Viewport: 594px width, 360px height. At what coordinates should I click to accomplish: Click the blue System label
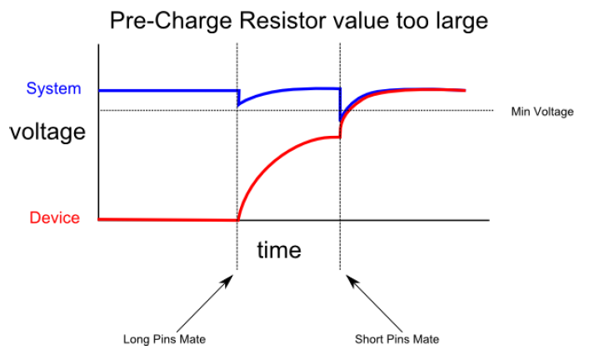[x=54, y=88]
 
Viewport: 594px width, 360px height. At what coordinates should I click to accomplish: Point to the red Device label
[x=54, y=217]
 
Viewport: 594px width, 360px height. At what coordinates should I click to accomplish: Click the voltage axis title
[x=47, y=132]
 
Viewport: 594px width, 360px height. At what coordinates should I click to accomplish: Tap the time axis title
[x=279, y=250]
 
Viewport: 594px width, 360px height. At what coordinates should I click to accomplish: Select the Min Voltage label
[x=542, y=112]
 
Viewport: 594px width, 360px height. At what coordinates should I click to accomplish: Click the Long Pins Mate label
[x=164, y=339]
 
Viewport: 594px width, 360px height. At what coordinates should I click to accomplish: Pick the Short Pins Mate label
[x=397, y=339]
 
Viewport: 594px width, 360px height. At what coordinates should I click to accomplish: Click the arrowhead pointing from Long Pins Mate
[x=228, y=281]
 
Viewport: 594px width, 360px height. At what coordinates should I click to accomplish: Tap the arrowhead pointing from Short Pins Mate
[x=352, y=281]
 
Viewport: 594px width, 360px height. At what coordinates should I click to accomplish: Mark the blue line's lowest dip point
[x=340, y=121]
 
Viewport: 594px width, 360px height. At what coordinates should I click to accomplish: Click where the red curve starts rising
[x=238, y=220]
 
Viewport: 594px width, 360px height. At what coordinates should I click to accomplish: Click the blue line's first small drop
[x=238, y=97]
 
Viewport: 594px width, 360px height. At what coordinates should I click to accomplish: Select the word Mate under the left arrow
[x=193, y=339]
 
